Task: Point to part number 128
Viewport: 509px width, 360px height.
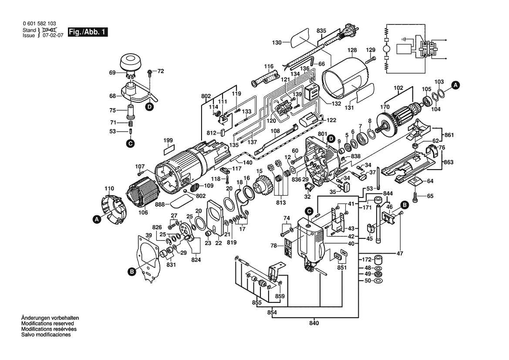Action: click(352, 50)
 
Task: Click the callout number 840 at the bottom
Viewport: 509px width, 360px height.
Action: click(314, 323)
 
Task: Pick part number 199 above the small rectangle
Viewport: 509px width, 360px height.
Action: click(168, 140)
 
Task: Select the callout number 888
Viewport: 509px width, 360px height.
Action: click(161, 204)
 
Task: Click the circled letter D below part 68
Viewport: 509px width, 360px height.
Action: click(149, 106)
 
